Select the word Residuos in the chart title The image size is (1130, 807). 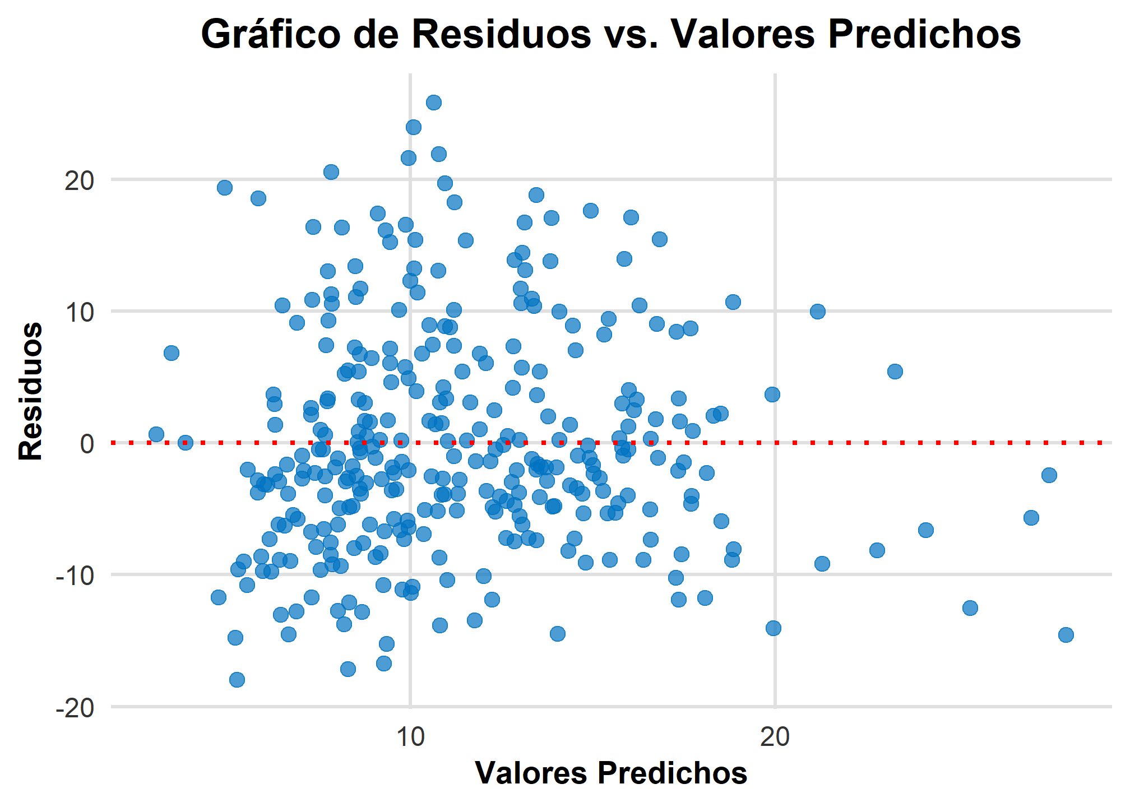[x=502, y=35]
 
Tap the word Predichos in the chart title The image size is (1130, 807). [x=925, y=35]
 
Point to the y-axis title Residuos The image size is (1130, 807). [x=31, y=391]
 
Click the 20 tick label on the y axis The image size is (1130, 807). [x=79, y=180]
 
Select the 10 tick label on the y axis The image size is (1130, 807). [x=79, y=312]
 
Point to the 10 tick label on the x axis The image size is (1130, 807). [x=410, y=736]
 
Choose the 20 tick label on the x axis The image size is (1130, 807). [x=775, y=736]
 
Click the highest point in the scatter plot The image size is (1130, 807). [x=434, y=103]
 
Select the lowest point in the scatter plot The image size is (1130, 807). [x=237, y=680]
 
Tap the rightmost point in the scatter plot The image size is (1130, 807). [x=1066, y=635]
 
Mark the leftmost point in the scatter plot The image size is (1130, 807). [x=156, y=434]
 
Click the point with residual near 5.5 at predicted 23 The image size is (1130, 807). [x=895, y=372]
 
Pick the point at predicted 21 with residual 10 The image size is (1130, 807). [x=818, y=312]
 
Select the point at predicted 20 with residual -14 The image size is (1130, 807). [x=774, y=628]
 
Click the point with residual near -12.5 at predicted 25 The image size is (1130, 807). [x=970, y=608]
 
